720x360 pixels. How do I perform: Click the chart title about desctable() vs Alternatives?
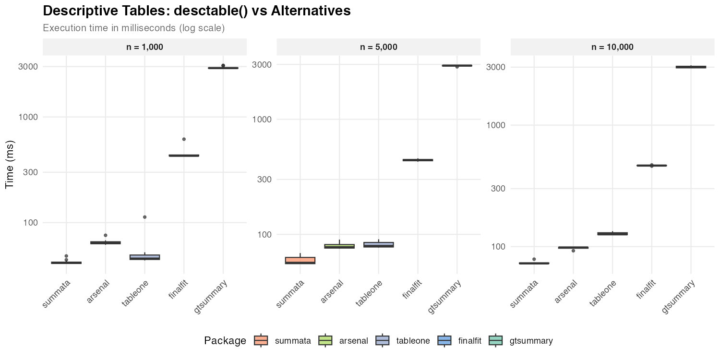[197, 11]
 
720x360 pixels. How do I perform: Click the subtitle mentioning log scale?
[134, 28]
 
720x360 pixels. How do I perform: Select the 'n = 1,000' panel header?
[144, 47]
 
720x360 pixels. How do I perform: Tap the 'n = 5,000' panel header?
[378, 47]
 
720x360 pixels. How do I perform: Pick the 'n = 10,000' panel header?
[612, 47]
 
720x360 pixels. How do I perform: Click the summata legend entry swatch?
[261, 341]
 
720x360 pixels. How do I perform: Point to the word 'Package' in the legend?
[225, 341]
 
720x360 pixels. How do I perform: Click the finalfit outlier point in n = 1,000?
[184, 139]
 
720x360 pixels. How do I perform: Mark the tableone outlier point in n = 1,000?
[144, 217]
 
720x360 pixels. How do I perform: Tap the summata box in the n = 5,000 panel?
[300, 261]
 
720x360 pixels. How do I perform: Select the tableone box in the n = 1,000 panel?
[144, 257]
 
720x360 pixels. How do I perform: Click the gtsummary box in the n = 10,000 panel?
[691, 67]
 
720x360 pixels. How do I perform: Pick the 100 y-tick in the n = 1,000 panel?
[28, 223]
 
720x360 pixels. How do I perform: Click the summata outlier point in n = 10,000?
[534, 259]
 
